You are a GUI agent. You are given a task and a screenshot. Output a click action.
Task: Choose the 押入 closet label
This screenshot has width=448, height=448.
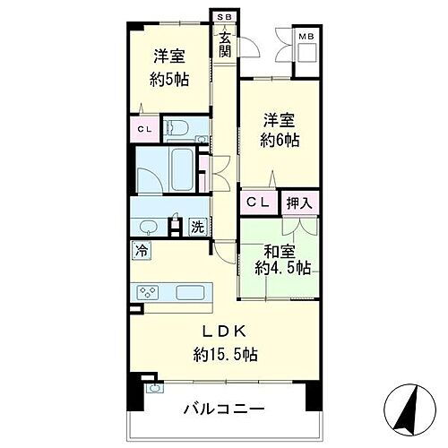[299, 203]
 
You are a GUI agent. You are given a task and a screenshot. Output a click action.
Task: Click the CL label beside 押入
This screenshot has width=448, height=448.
[258, 203]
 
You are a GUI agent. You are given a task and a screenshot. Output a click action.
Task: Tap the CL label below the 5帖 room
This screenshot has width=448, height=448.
[143, 129]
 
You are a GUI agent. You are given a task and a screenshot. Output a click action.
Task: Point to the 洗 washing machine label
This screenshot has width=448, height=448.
[197, 227]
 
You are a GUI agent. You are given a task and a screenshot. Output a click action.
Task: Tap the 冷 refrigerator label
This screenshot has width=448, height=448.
[142, 250]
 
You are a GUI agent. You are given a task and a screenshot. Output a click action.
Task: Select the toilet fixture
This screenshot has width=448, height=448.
[176, 126]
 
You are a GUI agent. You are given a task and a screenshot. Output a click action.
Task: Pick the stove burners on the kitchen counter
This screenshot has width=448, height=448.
[148, 293]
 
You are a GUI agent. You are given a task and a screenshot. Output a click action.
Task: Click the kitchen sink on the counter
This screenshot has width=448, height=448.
[193, 293]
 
